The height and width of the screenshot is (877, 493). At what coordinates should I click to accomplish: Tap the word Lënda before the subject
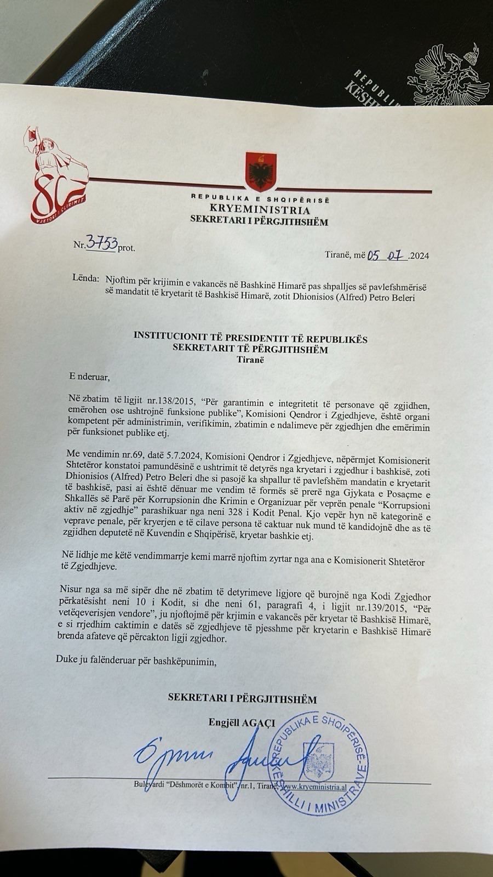pyautogui.click(x=83, y=278)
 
